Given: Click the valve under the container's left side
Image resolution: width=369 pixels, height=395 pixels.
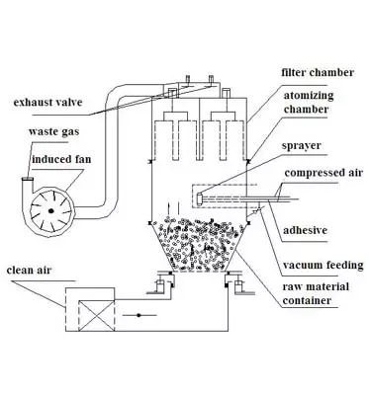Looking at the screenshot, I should (156, 289).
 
